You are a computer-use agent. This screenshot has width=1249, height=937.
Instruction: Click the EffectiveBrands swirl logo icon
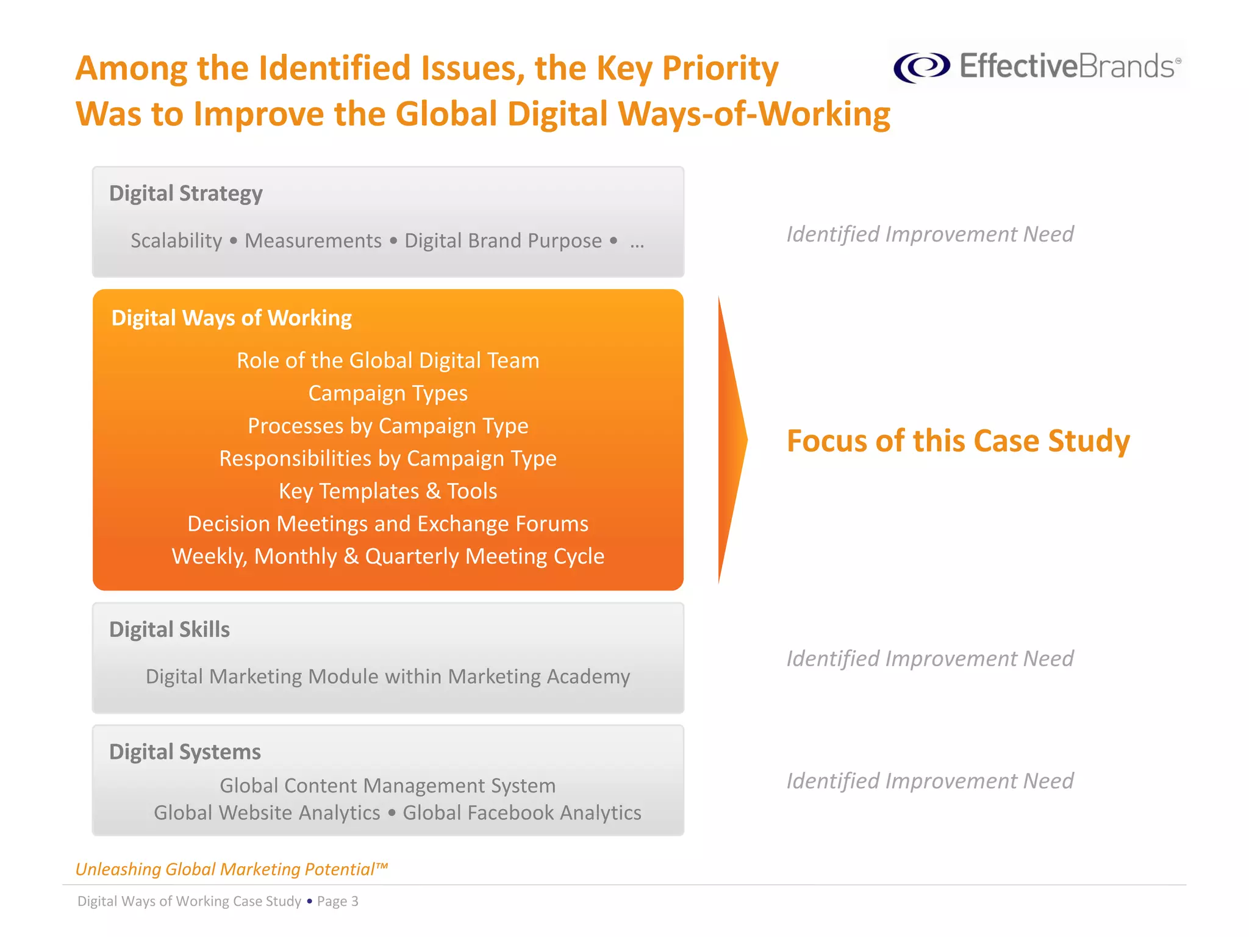(x=922, y=66)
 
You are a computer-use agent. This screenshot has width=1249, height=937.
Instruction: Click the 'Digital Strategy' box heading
(x=185, y=193)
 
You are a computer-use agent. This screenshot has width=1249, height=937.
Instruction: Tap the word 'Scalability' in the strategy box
(x=176, y=241)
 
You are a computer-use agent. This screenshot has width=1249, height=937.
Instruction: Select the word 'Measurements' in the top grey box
(x=313, y=241)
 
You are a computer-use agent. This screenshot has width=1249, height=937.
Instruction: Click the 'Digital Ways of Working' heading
(x=231, y=318)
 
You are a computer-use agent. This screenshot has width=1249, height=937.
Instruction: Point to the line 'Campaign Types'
(x=388, y=393)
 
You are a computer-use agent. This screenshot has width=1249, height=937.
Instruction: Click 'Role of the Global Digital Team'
(x=388, y=361)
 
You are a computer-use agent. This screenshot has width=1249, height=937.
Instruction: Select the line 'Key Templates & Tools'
(x=388, y=491)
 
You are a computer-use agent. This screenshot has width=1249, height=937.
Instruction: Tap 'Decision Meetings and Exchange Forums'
(x=388, y=524)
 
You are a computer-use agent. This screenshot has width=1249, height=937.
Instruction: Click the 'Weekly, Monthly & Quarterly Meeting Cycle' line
(x=388, y=556)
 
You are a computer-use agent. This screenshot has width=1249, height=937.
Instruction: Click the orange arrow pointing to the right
(x=731, y=439)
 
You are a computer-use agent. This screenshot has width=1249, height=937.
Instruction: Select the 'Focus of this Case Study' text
(x=957, y=440)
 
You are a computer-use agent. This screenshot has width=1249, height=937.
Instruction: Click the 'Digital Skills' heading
(x=170, y=630)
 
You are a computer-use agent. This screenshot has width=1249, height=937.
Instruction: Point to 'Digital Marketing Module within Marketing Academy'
(x=388, y=677)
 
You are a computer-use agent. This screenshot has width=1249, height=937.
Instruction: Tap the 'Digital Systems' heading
(x=185, y=752)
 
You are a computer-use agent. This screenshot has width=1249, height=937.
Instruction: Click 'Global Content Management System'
(x=388, y=786)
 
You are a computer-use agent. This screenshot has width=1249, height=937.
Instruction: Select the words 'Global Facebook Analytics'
(x=522, y=813)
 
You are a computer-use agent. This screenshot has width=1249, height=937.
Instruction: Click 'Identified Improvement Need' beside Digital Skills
(x=929, y=659)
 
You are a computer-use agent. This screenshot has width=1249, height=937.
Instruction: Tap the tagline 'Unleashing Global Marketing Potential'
(x=231, y=869)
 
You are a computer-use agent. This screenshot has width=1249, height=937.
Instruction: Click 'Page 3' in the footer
(x=337, y=902)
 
